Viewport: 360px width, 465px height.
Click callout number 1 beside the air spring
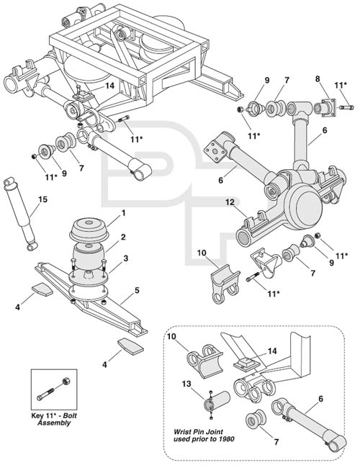click(x=123, y=213)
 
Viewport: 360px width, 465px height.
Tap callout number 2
click(x=123, y=237)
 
